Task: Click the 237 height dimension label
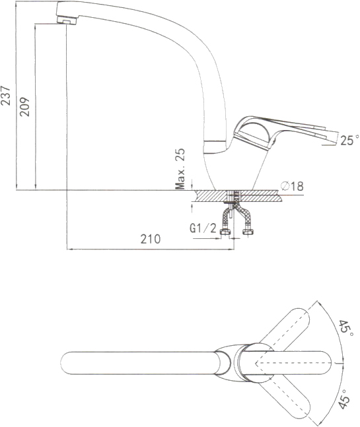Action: click(6, 95)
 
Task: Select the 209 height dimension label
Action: click(25, 106)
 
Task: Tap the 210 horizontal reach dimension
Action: click(151, 239)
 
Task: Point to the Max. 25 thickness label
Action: click(180, 169)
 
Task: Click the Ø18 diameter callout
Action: click(292, 186)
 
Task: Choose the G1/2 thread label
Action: click(203, 228)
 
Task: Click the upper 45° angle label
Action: click(346, 327)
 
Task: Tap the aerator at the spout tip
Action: click(67, 20)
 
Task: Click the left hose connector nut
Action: click(225, 232)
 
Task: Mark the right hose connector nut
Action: click(248, 232)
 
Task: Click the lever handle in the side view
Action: click(283, 130)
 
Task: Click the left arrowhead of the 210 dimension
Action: click(69, 249)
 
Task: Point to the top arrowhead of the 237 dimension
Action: click(17, 3)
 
